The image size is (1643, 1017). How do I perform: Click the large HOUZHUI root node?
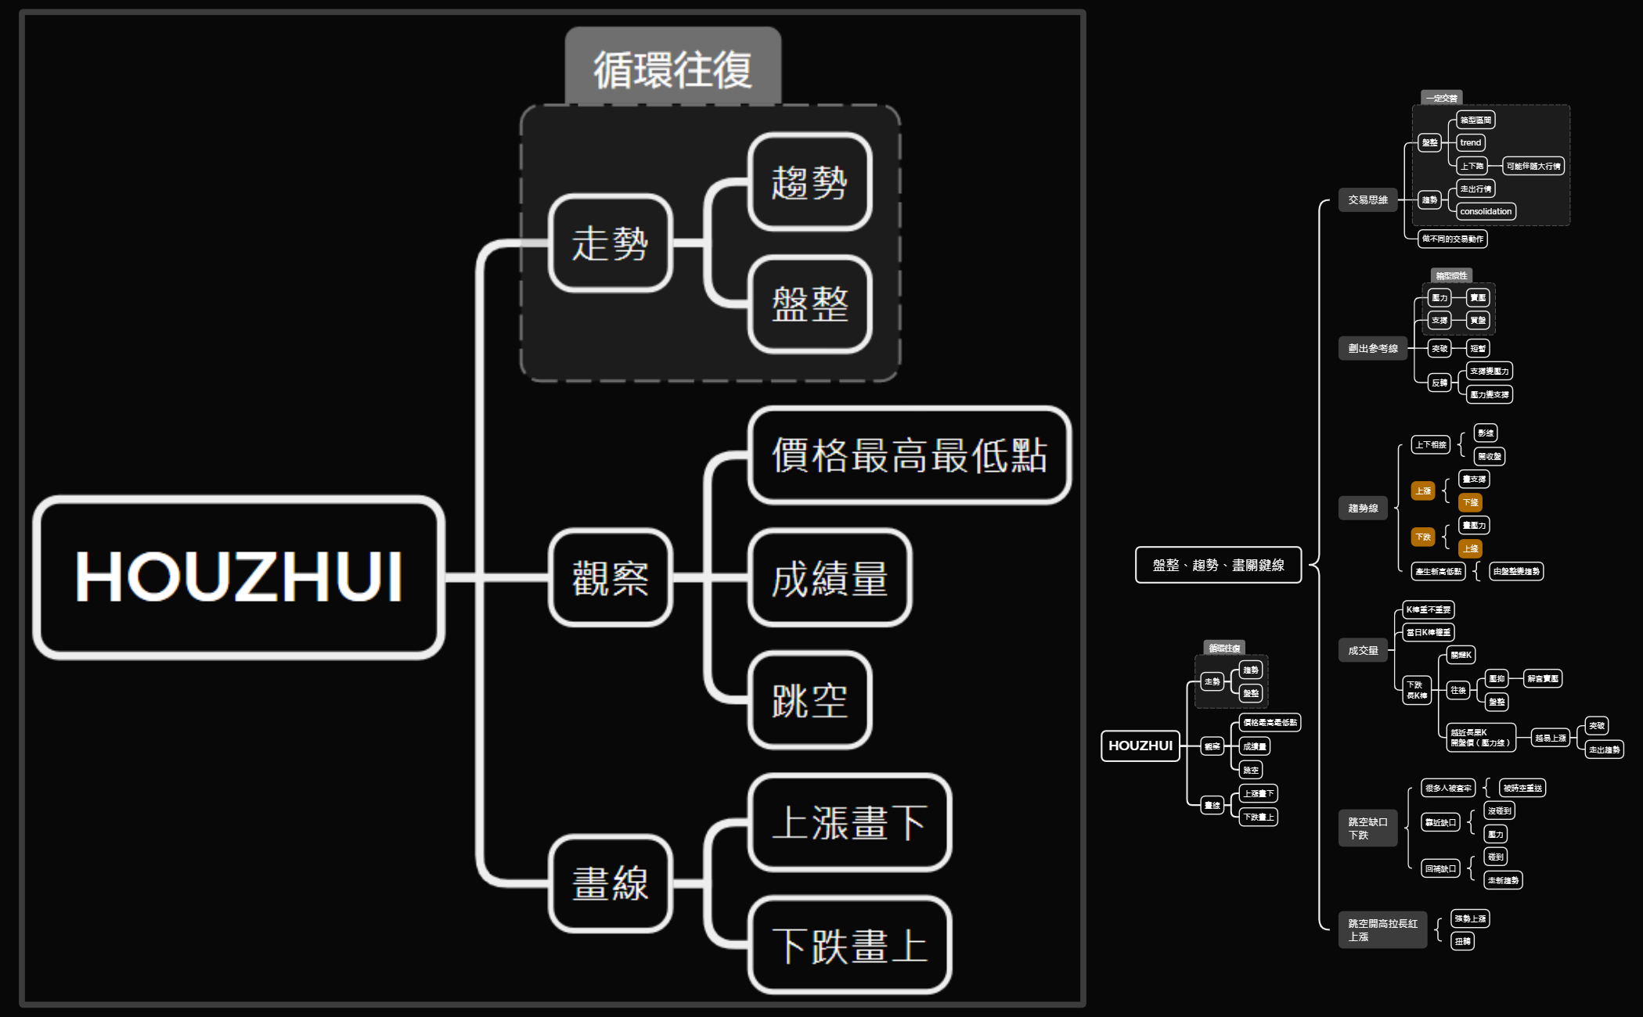point(239,577)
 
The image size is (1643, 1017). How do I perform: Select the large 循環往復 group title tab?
point(673,68)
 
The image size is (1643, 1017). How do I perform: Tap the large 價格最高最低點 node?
point(909,455)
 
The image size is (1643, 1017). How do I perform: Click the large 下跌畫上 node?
point(849,945)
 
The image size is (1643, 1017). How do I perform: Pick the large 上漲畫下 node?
point(849,823)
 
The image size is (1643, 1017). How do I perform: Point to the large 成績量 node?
point(830,578)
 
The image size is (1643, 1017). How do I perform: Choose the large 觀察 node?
point(611,578)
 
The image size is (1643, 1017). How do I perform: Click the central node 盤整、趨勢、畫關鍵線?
point(1218,565)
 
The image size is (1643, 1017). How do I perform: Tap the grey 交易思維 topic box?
point(1367,199)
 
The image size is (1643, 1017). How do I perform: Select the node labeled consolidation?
point(1486,211)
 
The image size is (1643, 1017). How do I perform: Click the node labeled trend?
point(1471,142)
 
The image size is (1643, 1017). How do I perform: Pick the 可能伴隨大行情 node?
point(1533,166)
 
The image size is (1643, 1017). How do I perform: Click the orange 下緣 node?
point(1471,502)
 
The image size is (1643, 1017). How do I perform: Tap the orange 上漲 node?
point(1423,491)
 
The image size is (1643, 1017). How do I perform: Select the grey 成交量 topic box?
point(1363,650)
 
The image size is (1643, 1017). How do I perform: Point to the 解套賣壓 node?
point(1543,678)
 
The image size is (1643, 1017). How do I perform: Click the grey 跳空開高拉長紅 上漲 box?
point(1382,929)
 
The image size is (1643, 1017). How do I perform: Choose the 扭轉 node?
point(1462,941)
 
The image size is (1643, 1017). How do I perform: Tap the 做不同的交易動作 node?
point(1452,239)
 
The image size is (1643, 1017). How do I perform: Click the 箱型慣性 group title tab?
point(1451,275)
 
